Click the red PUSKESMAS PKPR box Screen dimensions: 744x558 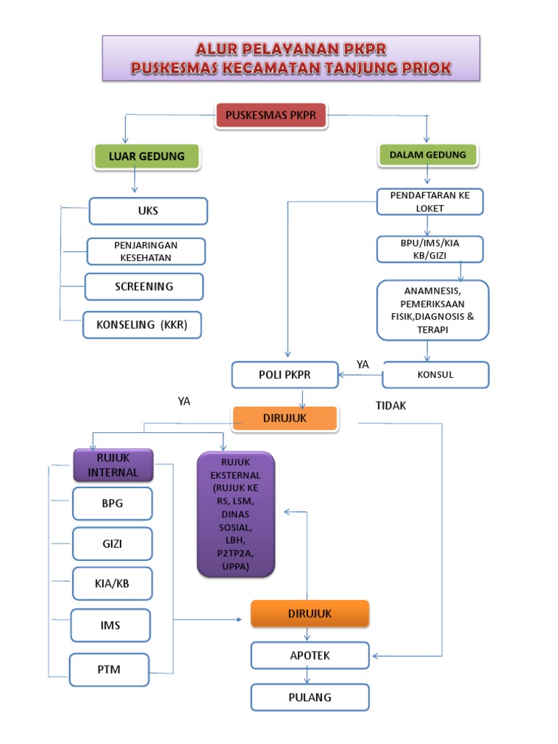(271, 116)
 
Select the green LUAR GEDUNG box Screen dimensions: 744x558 (147, 156)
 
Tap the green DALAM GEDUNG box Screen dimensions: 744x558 (428, 154)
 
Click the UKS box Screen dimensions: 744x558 (148, 211)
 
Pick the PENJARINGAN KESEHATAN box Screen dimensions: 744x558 (146, 251)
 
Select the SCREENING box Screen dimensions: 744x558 (144, 286)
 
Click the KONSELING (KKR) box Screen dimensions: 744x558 (142, 325)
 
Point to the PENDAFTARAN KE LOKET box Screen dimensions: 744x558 (429, 202)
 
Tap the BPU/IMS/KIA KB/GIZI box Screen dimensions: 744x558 (429, 249)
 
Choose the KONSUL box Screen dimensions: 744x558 (435, 375)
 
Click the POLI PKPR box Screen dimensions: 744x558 (285, 375)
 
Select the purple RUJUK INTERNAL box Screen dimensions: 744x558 (113, 465)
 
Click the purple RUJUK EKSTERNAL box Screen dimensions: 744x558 (235, 514)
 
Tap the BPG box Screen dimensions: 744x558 (112, 504)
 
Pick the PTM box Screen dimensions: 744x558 (110, 669)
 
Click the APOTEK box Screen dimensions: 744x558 (310, 655)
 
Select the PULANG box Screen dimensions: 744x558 (310, 697)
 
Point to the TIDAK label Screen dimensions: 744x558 (391, 406)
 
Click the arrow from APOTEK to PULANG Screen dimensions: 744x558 (308, 676)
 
